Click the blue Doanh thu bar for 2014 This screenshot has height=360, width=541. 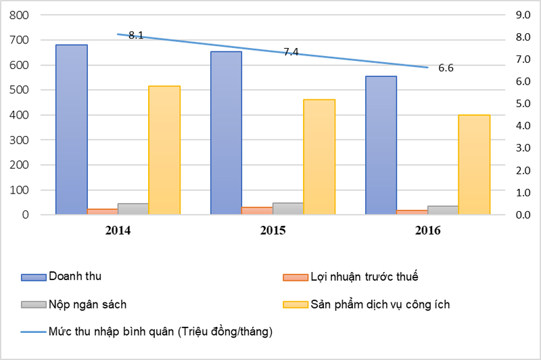[x=71, y=129]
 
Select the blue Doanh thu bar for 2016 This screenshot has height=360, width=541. [x=381, y=145]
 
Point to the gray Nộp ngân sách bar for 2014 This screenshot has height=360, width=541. [x=133, y=209]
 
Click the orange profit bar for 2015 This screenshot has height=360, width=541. [x=257, y=210]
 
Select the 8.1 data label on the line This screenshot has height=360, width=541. [x=135, y=35]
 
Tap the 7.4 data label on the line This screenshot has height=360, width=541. [x=291, y=51]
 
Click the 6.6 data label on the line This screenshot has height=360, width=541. [x=446, y=68]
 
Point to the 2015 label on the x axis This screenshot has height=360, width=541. [x=273, y=231]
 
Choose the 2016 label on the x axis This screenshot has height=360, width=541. [x=427, y=231]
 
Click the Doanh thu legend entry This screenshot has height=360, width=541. [x=74, y=276]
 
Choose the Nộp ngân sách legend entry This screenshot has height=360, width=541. [x=87, y=304]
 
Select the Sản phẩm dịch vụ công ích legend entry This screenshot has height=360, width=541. [x=379, y=304]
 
